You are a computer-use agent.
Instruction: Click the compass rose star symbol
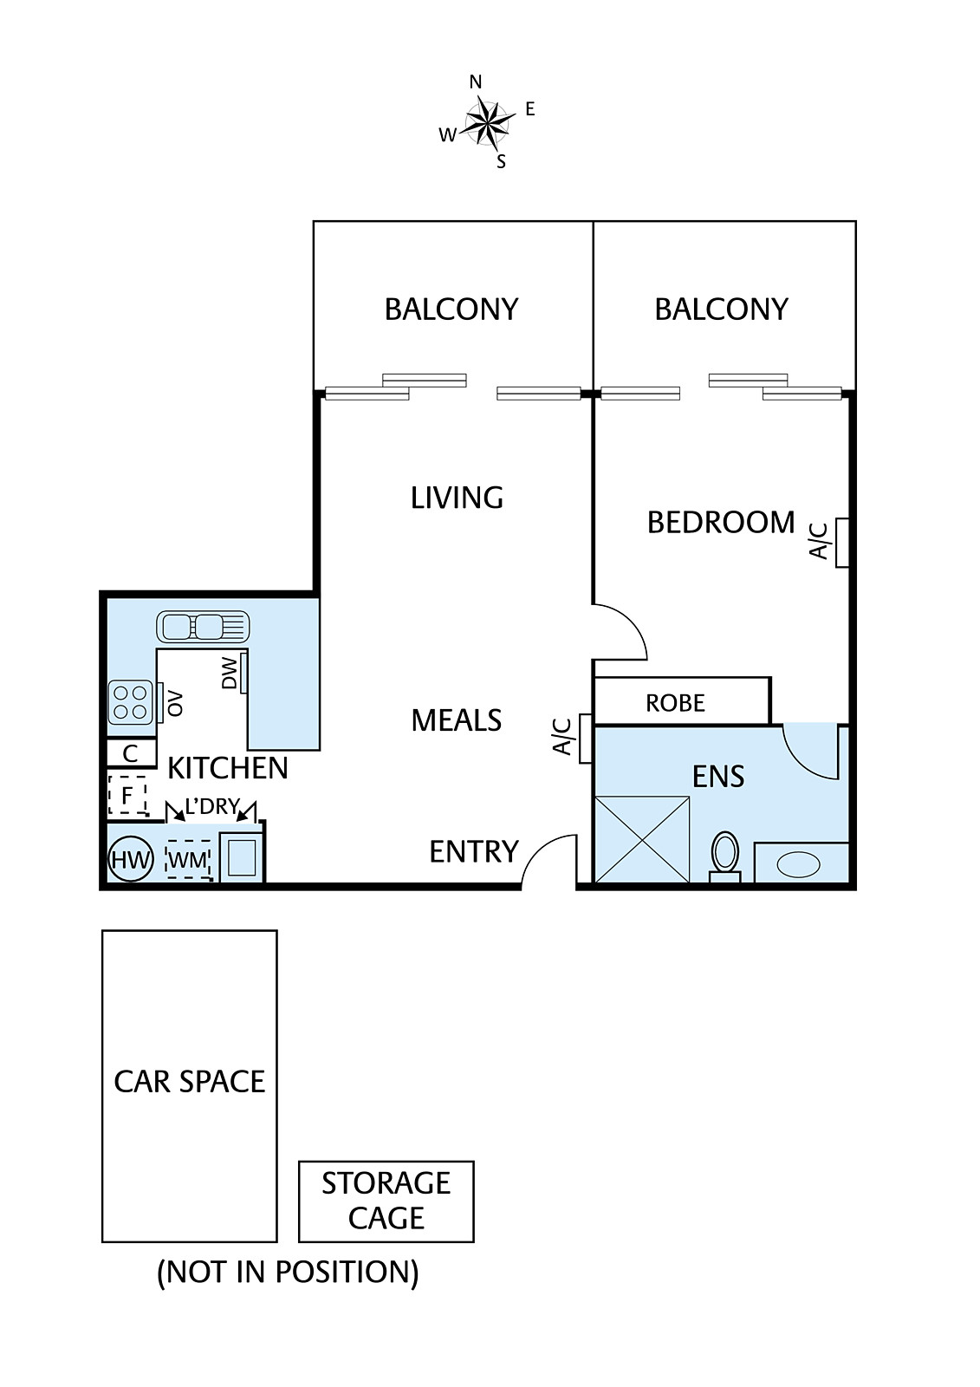[x=490, y=123]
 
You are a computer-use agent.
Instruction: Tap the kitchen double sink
[x=203, y=627]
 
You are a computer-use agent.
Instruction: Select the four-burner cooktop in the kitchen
[x=131, y=702]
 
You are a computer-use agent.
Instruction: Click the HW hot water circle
[x=131, y=859]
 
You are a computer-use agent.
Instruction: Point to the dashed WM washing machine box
[x=188, y=859]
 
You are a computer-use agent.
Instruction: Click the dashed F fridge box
[x=127, y=796]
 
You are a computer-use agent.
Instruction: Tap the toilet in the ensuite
[x=725, y=856]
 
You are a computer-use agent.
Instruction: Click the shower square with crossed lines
[x=642, y=839]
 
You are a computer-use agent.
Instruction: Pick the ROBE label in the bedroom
[x=675, y=703]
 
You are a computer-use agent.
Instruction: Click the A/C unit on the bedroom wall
[x=842, y=543]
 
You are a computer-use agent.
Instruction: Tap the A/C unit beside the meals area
[x=586, y=738]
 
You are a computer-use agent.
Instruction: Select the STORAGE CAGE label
[x=386, y=1201]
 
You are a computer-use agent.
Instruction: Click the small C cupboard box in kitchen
[x=131, y=753]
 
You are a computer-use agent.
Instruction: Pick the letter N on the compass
[x=476, y=81]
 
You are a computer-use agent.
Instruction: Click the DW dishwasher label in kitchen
[x=229, y=673]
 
